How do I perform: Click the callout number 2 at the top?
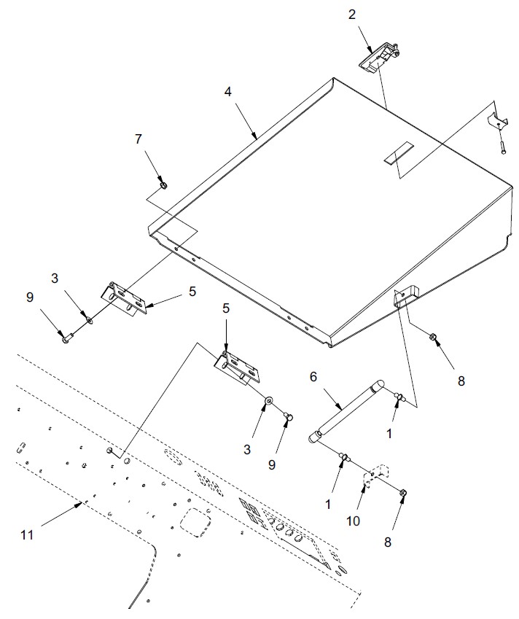(x=352, y=14)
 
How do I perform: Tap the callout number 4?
(x=228, y=93)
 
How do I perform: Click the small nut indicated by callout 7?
(x=164, y=185)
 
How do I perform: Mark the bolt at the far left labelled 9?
(x=66, y=338)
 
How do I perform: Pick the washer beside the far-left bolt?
(x=88, y=319)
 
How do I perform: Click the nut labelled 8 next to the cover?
(x=432, y=337)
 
